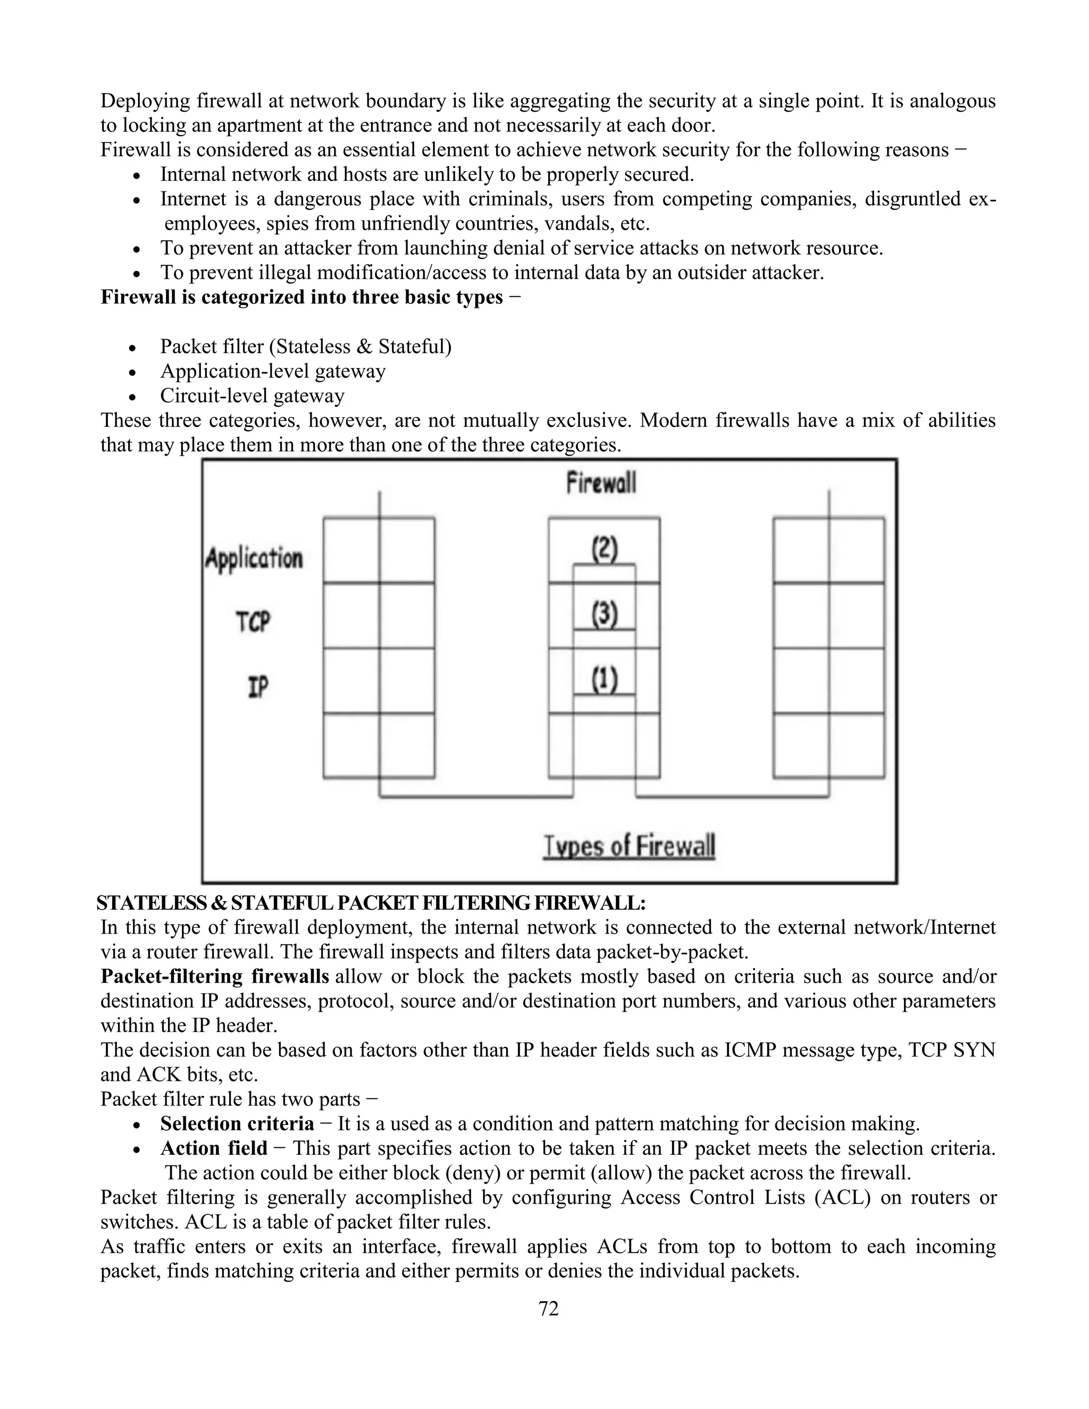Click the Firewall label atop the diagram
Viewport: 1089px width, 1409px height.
601,483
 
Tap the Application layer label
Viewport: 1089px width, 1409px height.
254,558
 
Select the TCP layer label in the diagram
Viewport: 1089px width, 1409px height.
253,623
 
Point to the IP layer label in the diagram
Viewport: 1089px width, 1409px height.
257,687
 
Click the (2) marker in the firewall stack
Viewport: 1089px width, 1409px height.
605,550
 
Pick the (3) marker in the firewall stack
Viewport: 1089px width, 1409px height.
605,614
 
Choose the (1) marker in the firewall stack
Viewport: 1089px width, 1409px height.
605,680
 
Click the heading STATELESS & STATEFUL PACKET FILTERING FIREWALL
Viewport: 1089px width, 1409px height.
371,903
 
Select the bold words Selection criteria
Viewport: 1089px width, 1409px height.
237,1123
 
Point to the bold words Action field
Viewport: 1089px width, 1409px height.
214,1148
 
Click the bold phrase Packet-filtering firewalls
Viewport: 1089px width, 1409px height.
215,976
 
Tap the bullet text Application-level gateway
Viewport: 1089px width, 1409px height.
273,371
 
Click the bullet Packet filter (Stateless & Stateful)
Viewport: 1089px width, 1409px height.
306,347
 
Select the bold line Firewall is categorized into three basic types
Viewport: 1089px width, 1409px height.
301,297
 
